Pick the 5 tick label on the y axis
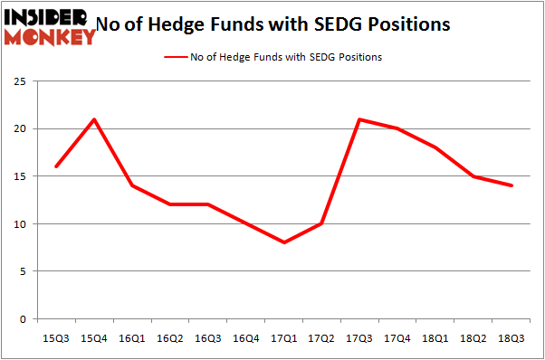[23, 271]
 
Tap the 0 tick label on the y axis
[23, 318]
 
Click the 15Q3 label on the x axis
[56, 337]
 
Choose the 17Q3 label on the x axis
[360, 337]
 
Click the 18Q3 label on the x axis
[512, 337]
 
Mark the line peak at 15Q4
[94, 119]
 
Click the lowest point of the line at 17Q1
[284, 242]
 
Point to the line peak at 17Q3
[360, 119]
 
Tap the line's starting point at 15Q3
[56, 166]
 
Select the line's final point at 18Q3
[512, 185]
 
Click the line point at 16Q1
[132, 185]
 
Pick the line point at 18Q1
[436, 147]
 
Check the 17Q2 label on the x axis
[322, 337]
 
